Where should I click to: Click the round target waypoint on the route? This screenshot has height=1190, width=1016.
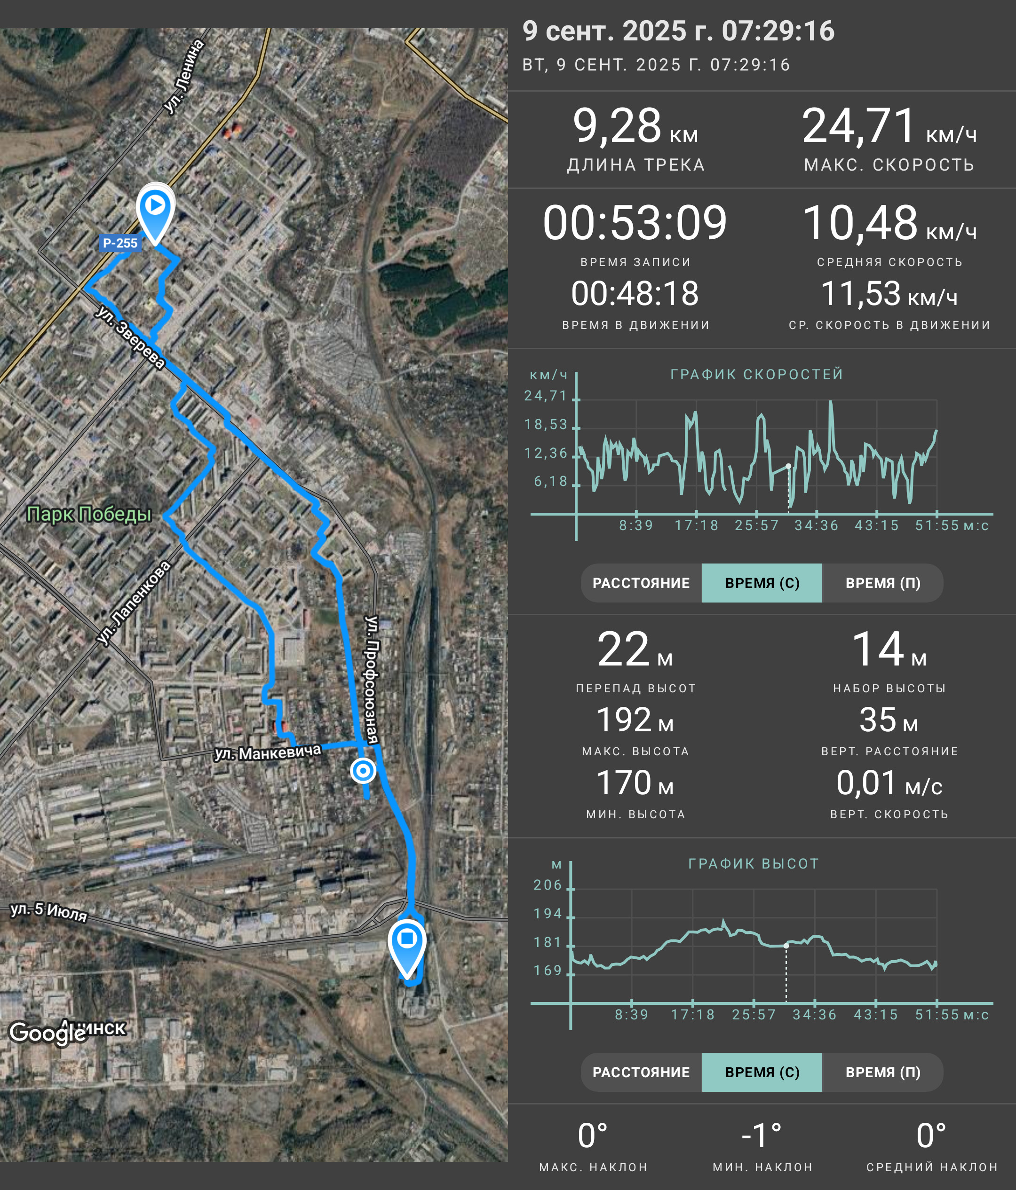pos(363,770)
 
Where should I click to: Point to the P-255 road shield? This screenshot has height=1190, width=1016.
pos(120,243)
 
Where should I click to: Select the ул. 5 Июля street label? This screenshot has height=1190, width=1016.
pos(49,911)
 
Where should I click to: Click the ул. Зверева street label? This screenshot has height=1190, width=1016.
pos(130,337)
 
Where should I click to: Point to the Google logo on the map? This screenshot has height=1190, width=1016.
pos(48,1033)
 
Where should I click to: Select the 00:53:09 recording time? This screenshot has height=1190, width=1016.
pos(635,223)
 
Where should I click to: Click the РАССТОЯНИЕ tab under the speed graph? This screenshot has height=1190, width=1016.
pos(641,583)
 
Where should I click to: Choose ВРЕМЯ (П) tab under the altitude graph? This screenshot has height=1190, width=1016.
pos(883,1072)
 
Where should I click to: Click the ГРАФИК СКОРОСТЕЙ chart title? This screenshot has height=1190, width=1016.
pos(757,375)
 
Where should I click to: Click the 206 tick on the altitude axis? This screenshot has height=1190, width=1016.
pos(548,885)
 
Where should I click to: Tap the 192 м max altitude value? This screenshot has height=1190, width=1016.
pos(635,720)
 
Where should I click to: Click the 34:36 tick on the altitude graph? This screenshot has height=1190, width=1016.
pos(814,1015)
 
